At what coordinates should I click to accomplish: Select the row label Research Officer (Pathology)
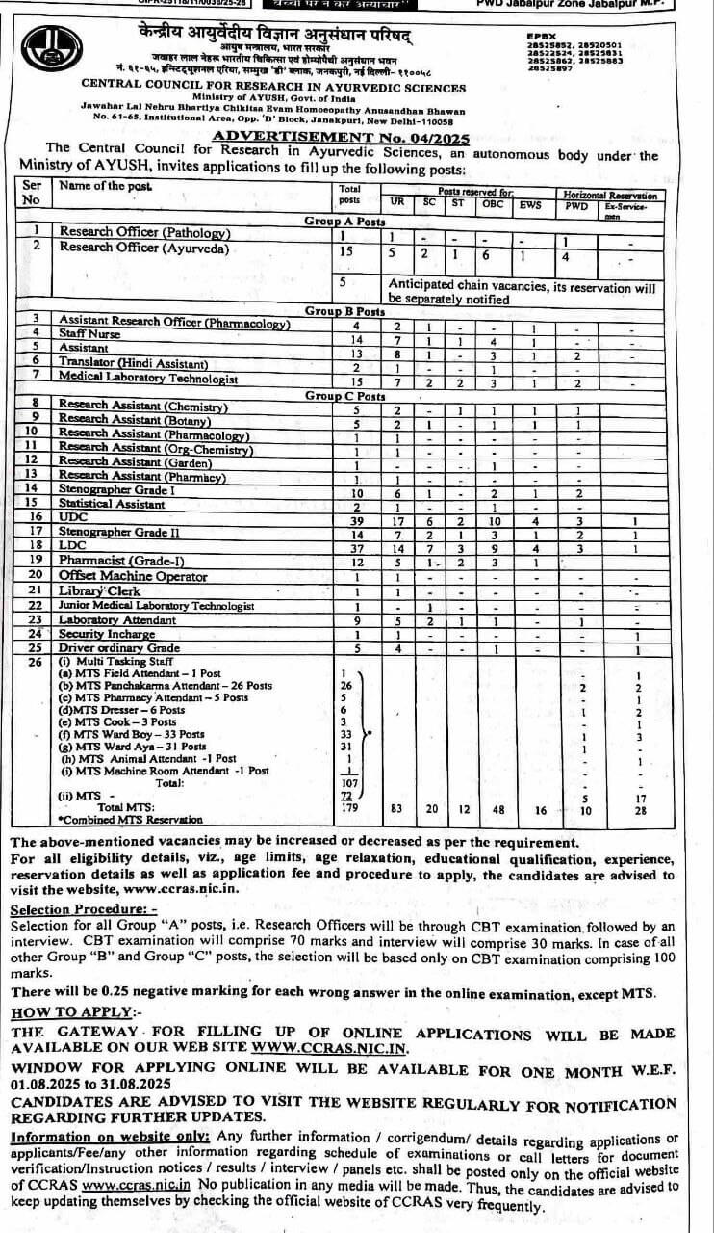pyautogui.click(x=145, y=232)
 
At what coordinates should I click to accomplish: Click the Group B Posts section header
pyautogui.click(x=344, y=311)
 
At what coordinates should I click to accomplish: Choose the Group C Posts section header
pyautogui.click(x=344, y=396)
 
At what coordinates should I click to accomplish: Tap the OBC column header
pyautogui.click(x=492, y=204)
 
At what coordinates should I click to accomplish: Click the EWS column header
pyautogui.click(x=530, y=204)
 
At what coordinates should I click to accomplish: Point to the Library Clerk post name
pyautogui.click(x=100, y=590)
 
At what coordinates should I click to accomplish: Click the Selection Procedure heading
pyautogui.click(x=83, y=909)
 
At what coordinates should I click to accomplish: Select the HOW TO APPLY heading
pyautogui.click(x=71, y=1012)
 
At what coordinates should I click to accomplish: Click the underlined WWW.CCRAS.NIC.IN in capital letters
pyautogui.click(x=330, y=1049)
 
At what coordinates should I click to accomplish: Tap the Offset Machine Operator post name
pyautogui.click(x=133, y=576)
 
